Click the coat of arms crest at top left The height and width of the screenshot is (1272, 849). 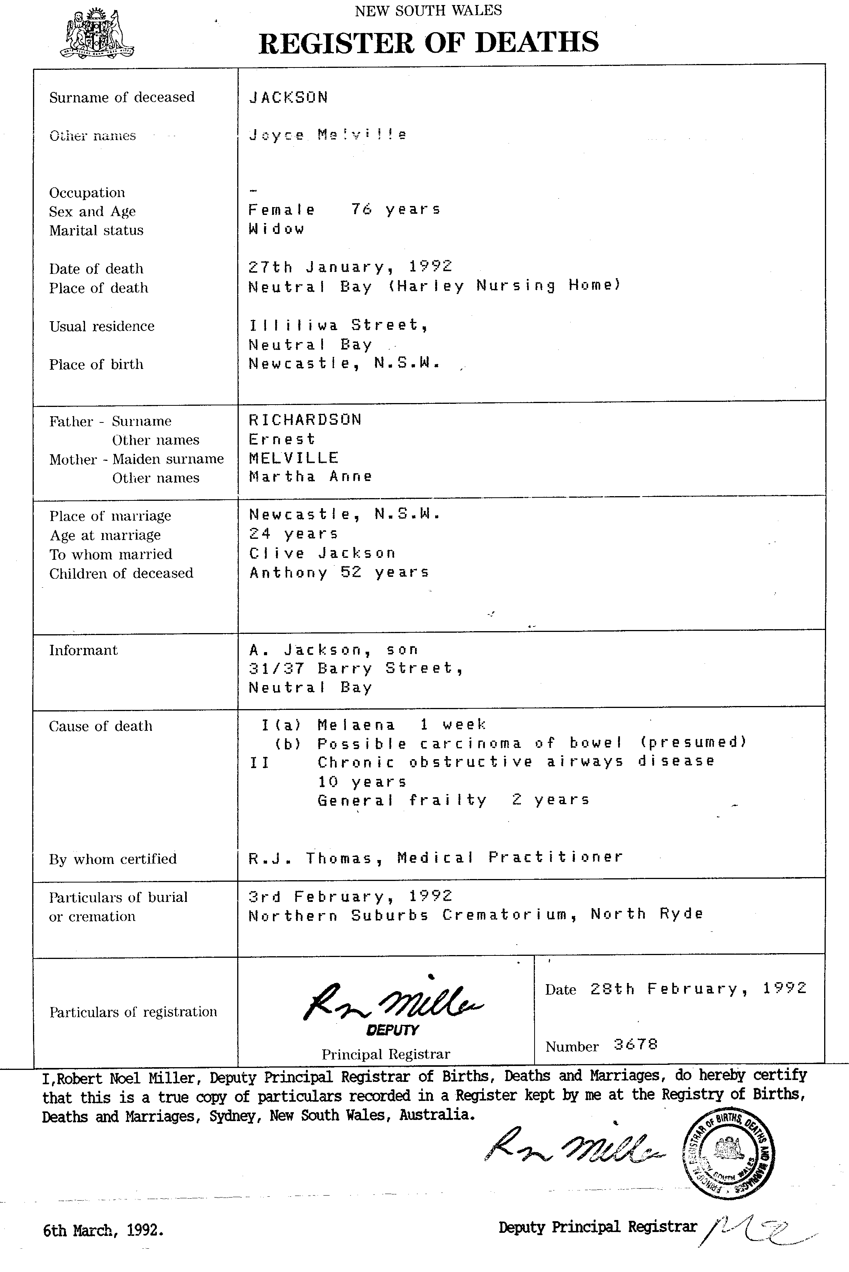coord(99,33)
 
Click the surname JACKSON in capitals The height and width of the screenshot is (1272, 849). coord(288,97)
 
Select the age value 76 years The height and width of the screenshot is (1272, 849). coord(395,209)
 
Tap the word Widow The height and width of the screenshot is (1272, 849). coord(276,229)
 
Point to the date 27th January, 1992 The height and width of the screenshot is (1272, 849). coord(350,267)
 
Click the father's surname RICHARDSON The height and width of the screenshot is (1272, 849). coord(305,420)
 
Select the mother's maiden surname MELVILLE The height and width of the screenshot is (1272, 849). coord(293,458)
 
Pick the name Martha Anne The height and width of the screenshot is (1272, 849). coord(310,477)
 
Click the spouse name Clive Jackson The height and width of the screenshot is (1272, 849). coord(322,553)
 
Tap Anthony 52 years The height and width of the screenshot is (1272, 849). coord(339,573)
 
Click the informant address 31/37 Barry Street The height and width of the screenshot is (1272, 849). coord(355,669)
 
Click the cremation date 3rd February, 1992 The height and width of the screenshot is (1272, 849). coord(350,896)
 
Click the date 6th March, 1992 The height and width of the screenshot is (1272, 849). coord(103,1230)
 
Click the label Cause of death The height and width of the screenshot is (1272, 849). coord(101,726)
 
